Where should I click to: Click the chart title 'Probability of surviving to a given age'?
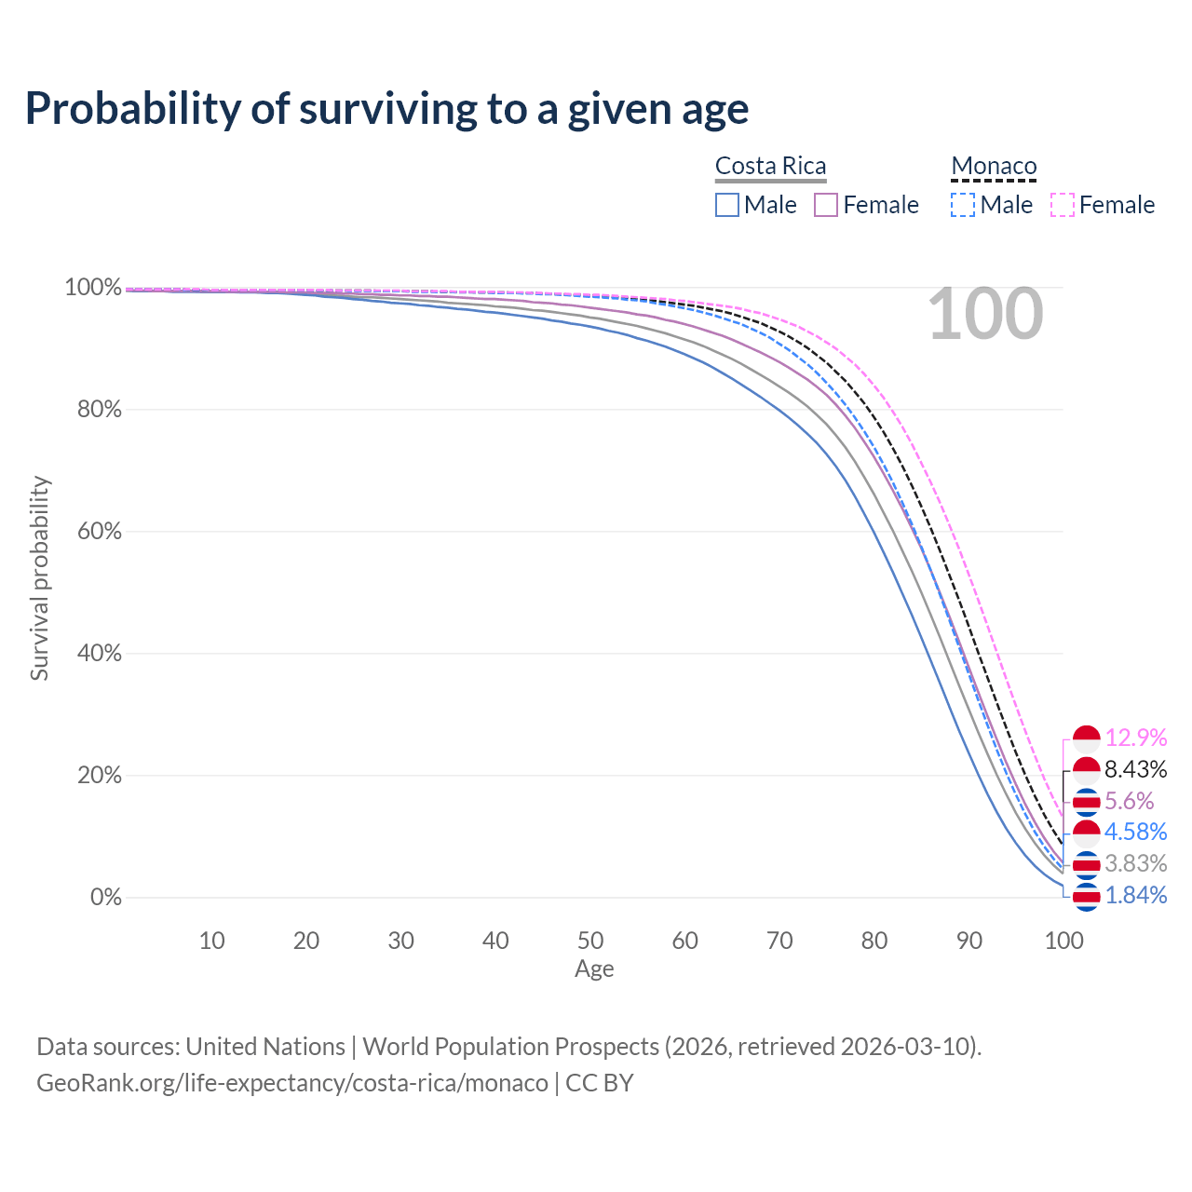click(x=386, y=109)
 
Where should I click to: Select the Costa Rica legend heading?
click(x=770, y=166)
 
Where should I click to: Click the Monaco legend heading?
click(x=994, y=166)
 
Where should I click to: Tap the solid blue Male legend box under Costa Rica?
click(x=726, y=205)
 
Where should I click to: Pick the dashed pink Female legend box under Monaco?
click(x=1063, y=205)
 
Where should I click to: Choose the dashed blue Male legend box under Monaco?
click(x=963, y=205)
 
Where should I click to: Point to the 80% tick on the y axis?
click(x=99, y=409)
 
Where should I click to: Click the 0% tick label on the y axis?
click(x=106, y=897)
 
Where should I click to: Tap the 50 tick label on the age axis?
click(x=590, y=941)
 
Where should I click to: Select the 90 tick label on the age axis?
click(x=969, y=941)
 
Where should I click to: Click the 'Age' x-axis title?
click(x=594, y=968)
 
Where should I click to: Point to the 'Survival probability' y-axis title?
click(x=40, y=578)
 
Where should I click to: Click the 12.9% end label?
click(x=1136, y=738)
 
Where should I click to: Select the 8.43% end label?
click(x=1136, y=769)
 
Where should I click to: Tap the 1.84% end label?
click(x=1136, y=895)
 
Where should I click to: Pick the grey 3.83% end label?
click(x=1136, y=863)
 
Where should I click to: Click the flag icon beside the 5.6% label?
click(x=1086, y=803)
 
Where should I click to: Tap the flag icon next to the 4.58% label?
click(x=1086, y=833)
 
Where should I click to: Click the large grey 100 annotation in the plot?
click(x=985, y=314)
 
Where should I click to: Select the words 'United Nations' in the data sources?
click(x=265, y=1047)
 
